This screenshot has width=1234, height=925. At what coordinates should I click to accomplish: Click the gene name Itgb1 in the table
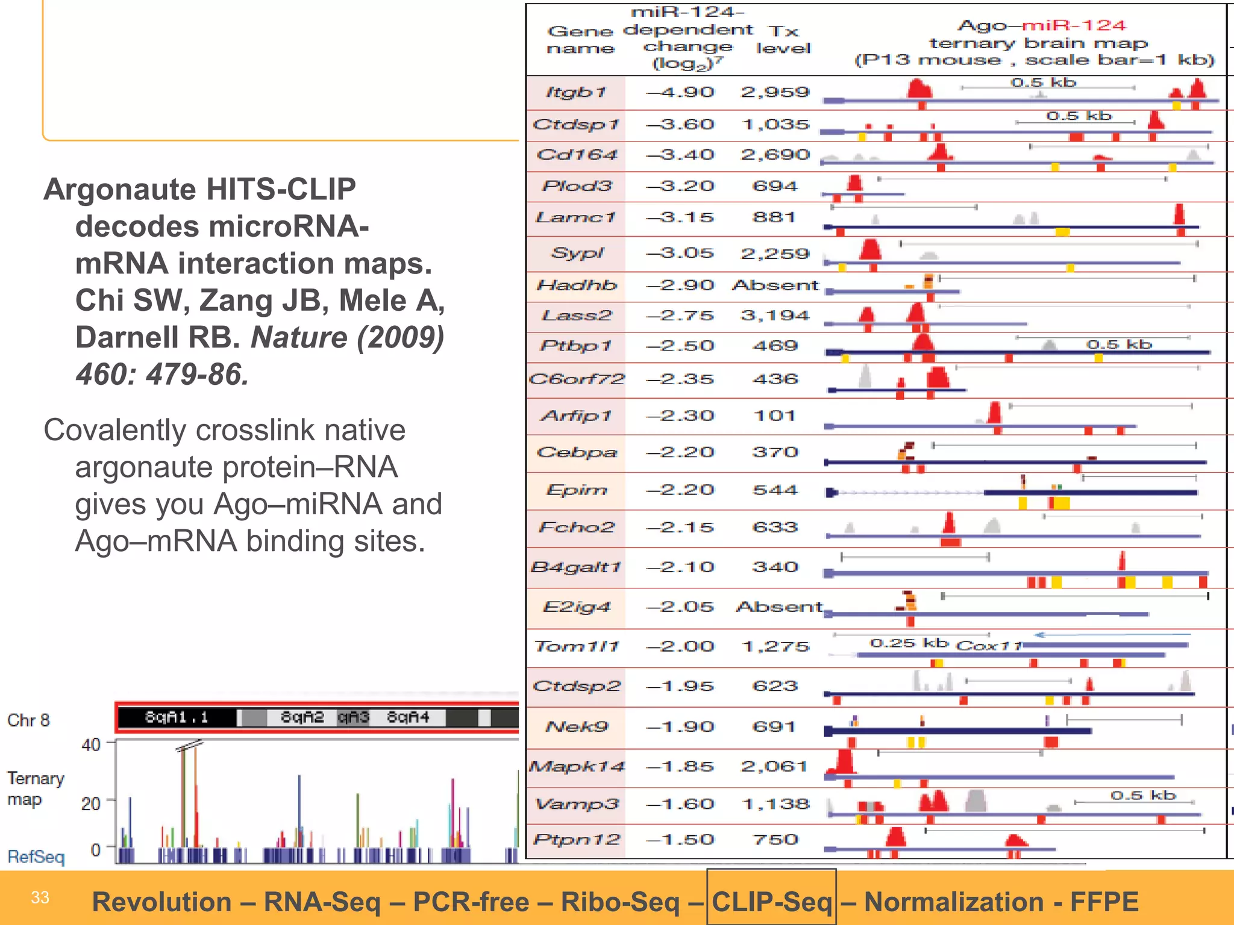575,92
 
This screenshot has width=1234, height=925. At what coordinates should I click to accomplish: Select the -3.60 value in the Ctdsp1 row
680,125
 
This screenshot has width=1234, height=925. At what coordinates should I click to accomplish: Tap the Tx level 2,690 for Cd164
775,155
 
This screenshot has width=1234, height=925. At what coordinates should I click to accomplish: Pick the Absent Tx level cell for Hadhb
775,285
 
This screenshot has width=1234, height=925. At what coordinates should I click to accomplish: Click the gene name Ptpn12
577,839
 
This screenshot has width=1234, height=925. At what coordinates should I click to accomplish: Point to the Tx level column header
783,39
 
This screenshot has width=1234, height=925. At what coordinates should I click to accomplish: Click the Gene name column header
580,39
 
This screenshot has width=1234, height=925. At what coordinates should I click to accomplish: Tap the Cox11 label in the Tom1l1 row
989,646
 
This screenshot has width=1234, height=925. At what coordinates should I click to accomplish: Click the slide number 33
40,897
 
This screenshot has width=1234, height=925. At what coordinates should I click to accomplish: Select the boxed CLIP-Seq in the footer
771,902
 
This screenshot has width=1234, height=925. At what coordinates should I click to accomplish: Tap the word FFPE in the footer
1104,902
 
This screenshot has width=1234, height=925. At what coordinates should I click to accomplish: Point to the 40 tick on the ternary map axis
91,745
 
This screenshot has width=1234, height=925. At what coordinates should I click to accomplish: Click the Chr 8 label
28,720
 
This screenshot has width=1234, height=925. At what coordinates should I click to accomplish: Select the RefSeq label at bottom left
36,856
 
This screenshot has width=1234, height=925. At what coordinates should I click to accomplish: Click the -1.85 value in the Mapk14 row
680,767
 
